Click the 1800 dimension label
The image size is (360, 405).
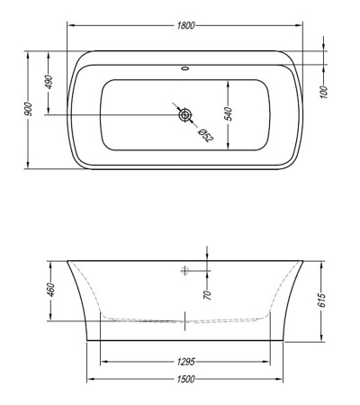tap(185, 25)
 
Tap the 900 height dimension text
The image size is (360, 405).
tap(28, 109)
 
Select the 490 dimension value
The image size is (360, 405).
tap(49, 82)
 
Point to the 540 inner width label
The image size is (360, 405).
tap(229, 113)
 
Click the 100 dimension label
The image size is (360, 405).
tap(324, 92)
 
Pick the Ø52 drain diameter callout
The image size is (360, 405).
tap(206, 135)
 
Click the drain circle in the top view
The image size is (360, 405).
tap(185, 115)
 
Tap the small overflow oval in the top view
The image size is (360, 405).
tap(185, 68)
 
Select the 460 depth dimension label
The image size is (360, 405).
tap(51, 290)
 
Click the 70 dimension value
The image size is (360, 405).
tap(208, 295)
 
